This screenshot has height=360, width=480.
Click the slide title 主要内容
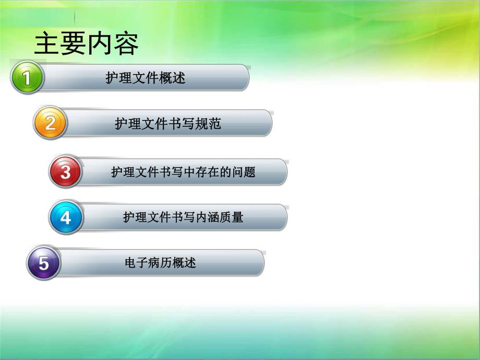pyautogui.click(x=87, y=44)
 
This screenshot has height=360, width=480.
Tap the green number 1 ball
pyautogui.click(x=26, y=77)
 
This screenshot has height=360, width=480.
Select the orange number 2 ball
pyautogui.click(x=50, y=123)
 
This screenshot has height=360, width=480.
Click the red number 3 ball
pyautogui.click(x=65, y=172)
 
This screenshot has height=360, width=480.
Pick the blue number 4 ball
pyautogui.click(x=65, y=217)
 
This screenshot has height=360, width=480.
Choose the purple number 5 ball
pyautogui.click(x=43, y=263)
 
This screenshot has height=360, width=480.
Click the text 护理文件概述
pyautogui.click(x=146, y=78)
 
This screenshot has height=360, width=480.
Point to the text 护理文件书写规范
pyautogui.click(x=168, y=124)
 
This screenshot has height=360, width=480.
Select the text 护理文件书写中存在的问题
pyautogui.click(x=183, y=172)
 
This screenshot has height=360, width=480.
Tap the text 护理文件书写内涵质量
pyautogui.click(x=183, y=217)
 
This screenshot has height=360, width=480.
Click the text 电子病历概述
pyautogui.click(x=160, y=263)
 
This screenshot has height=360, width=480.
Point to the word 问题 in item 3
pyautogui.click(x=244, y=172)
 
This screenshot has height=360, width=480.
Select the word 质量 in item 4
pyautogui.click(x=232, y=217)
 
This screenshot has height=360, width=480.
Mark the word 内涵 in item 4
pyautogui.click(x=208, y=217)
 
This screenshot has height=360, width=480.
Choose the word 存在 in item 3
pyautogui.click(x=208, y=172)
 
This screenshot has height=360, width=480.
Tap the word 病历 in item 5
pyautogui.click(x=160, y=263)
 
